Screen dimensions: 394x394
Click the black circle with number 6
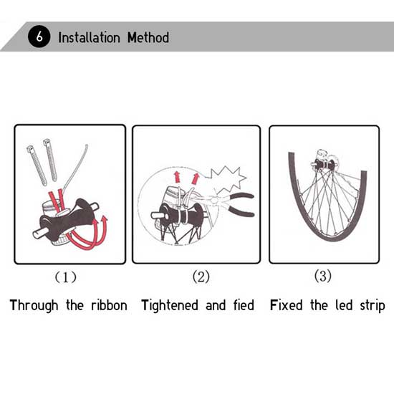pos(39,37)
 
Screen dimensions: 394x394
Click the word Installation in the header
pos(90,38)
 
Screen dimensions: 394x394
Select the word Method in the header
pos(148,38)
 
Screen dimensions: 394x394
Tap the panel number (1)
pos(66,277)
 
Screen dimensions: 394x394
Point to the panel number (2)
pos(201,277)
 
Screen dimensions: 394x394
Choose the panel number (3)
pos(323,276)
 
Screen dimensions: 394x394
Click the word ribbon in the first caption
pos(110,305)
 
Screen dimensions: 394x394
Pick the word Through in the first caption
pos(34,306)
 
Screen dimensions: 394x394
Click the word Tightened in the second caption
pos(170,306)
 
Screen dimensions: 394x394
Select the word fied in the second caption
pos(244,305)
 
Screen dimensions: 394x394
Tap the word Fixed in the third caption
pos(287,305)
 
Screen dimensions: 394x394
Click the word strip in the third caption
pos(373,306)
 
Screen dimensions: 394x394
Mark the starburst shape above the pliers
pos(227,180)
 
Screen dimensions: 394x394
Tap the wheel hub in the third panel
pos(324,164)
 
